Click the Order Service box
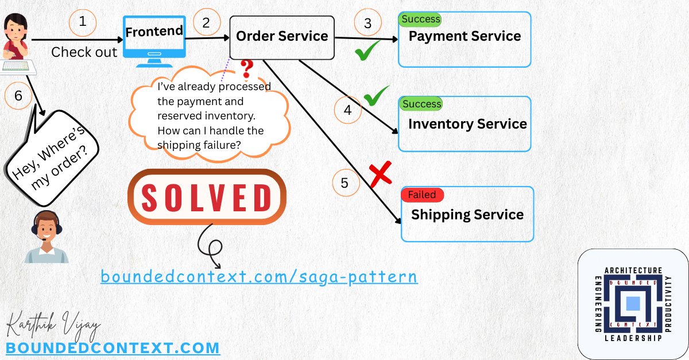pos(282,37)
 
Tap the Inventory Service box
pos(465,125)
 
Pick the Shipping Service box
pos(467,215)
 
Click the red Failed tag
pos(422,195)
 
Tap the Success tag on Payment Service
pos(421,19)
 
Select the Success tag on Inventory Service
pos(421,104)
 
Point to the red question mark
pos(247,69)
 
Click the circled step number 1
pos(83,22)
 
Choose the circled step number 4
pos(347,110)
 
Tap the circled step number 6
pos(18,96)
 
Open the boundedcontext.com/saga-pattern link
pos(259,277)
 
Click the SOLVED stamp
pos(207,196)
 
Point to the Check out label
pos(84,52)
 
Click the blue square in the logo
pos(632,303)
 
